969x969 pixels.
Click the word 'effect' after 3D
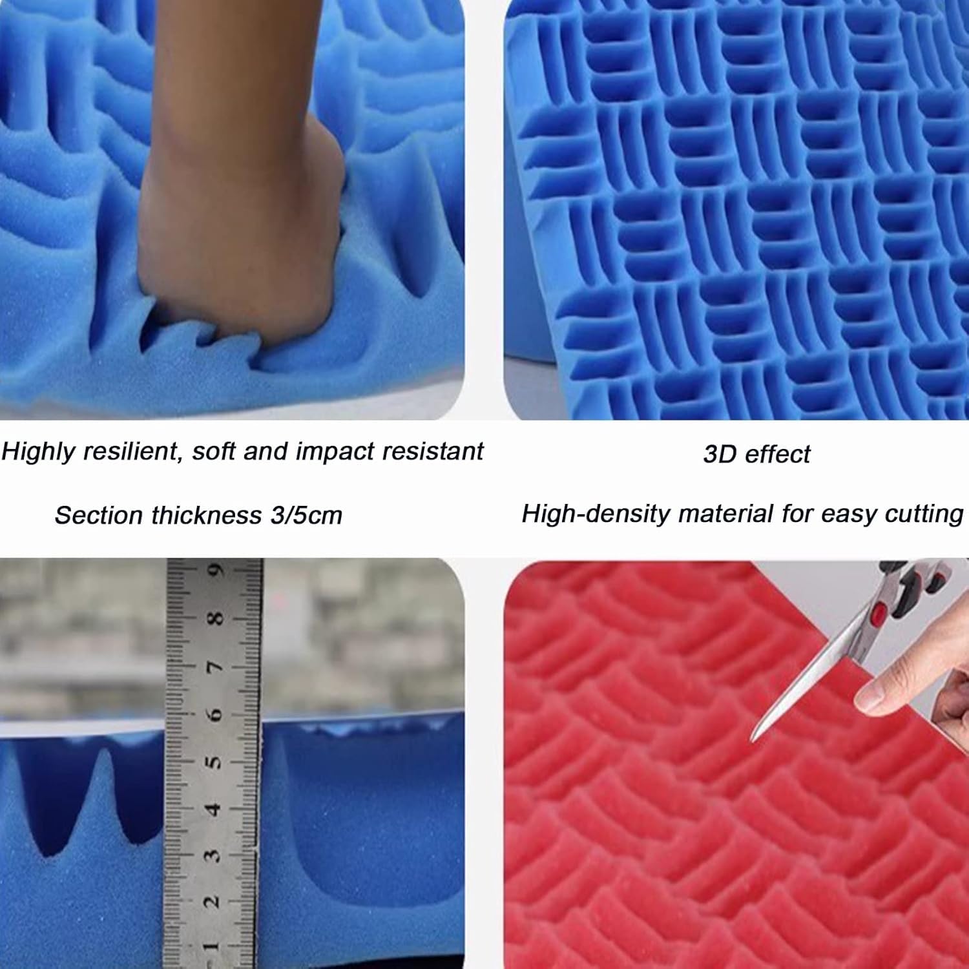(x=777, y=454)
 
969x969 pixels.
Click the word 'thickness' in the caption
(x=204, y=516)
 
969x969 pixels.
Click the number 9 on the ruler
(x=217, y=571)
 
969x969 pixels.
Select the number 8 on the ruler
(x=216, y=618)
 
